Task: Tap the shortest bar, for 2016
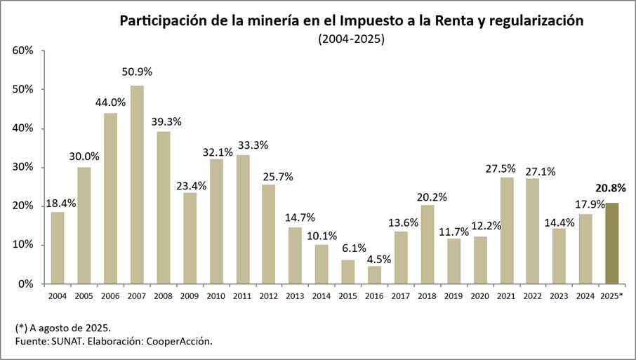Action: [375, 275]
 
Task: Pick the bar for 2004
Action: [58, 248]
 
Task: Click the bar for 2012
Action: [269, 234]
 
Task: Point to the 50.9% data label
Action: [138, 72]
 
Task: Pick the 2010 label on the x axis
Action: [216, 295]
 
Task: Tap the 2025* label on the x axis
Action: [612, 295]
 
